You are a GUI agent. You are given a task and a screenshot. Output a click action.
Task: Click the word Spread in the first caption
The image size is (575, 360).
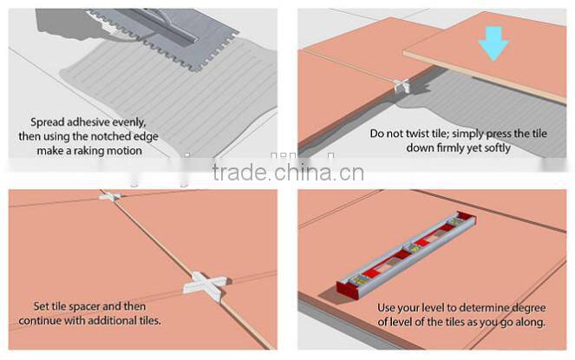[49, 122]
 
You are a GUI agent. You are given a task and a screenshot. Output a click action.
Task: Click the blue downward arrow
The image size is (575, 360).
[494, 41]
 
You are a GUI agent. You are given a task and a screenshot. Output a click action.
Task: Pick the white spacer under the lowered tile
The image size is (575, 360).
[402, 86]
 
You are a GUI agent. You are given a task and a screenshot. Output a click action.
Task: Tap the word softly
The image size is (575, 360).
[517, 147]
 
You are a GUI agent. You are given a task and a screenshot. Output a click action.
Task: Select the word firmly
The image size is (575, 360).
[468, 147]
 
